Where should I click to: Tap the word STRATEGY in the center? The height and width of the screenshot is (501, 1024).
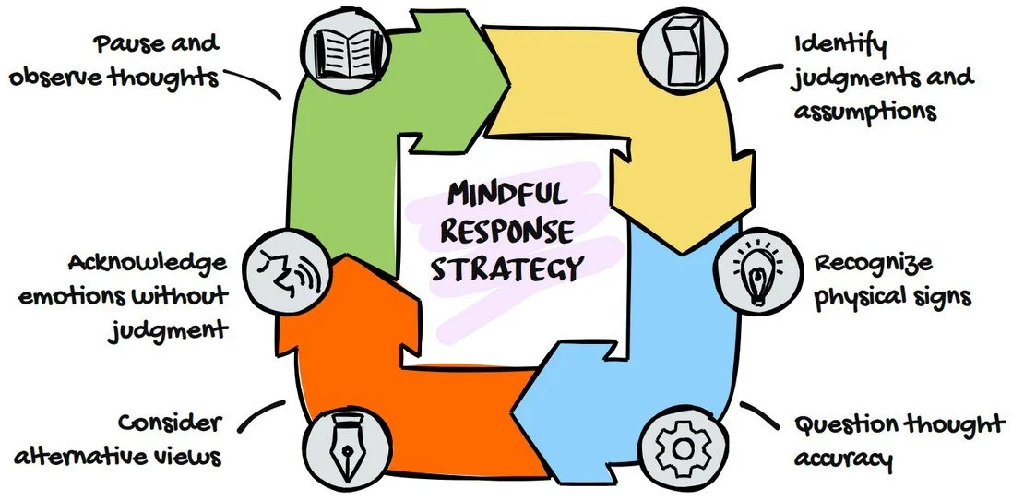pyautogui.click(x=507, y=268)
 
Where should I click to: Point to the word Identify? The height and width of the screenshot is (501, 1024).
pyautogui.click(x=840, y=43)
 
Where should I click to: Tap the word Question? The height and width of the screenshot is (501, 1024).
pyautogui.click(x=845, y=424)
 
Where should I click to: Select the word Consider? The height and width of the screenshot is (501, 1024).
pyautogui.click(x=170, y=423)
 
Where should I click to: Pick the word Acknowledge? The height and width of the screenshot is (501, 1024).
pyautogui.click(x=148, y=263)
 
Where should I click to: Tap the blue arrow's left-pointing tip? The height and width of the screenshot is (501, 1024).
pyautogui.click(x=513, y=410)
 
